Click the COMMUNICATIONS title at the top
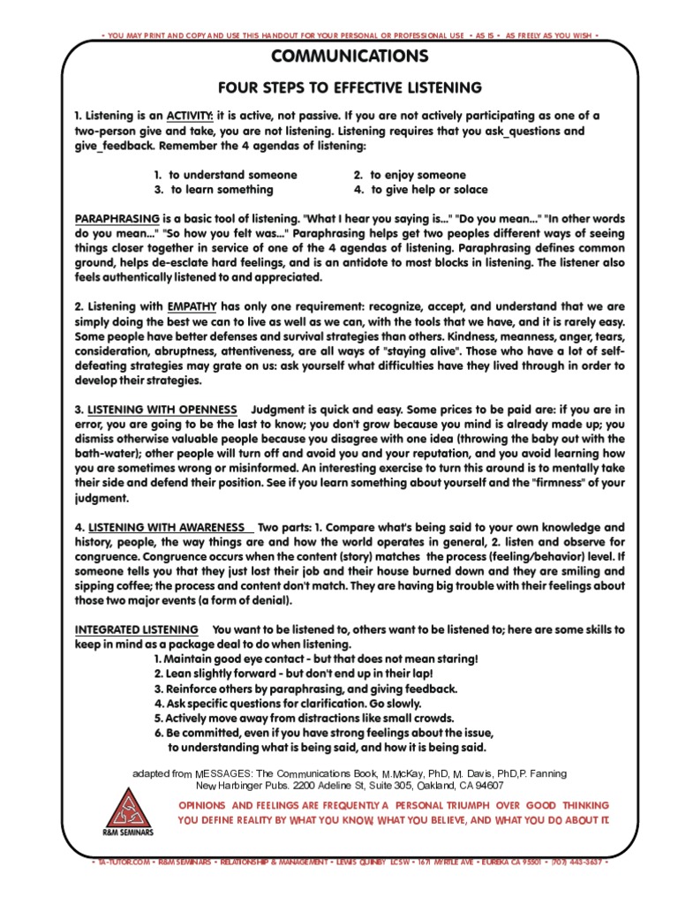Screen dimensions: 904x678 (350, 57)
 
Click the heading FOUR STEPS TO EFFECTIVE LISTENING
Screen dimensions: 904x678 (350, 87)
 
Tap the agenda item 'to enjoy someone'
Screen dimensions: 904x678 (410, 175)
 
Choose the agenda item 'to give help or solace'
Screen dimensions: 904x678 (420, 190)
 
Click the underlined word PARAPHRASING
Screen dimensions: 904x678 (117, 218)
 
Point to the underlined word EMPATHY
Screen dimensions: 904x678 (192, 305)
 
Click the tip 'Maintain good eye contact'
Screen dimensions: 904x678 (315, 659)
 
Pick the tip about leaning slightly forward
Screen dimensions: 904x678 (305, 674)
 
